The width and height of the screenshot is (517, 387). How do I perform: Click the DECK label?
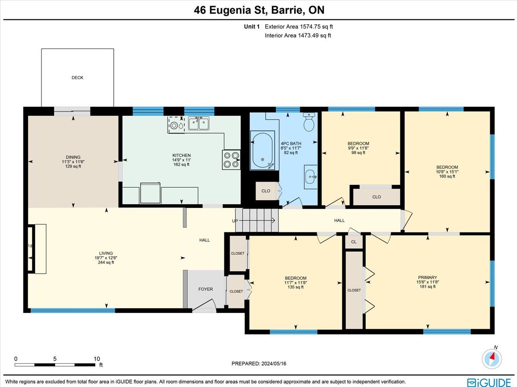tap(77, 77)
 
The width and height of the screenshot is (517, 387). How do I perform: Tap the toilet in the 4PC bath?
tap(309, 122)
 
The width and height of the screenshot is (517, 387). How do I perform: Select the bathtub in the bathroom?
tap(262, 150)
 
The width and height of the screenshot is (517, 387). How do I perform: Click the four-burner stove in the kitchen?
tap(231, 160)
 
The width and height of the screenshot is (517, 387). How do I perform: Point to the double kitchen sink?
tap(199, 124)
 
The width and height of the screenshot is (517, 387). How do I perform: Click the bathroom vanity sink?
tap(311, 177)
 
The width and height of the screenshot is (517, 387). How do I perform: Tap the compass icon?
tap(492, 359)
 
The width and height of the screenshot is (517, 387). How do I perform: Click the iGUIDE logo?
tap(489, 382)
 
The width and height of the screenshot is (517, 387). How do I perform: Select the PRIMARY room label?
tap(427, 277)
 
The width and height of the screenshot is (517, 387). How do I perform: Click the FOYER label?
tap(206, 289)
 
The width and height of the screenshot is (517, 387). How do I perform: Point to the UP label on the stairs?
tap(235, 221)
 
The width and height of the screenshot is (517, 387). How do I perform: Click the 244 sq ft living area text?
tap(106, 262)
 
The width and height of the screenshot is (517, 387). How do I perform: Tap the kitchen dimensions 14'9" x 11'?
tap(181, 160)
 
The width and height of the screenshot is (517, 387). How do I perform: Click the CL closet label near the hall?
tap(354, 242)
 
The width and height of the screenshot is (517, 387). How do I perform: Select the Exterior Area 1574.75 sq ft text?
tap(299, 27)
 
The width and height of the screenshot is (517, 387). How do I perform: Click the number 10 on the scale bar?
tap(97, 359)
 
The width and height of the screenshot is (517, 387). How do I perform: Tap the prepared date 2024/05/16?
tap(274, 363)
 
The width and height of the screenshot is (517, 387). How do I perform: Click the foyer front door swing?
tap(204, 305)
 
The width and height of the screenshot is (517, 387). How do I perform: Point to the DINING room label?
tap(73, 157)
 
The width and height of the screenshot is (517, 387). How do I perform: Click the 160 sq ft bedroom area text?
tap(447, 176)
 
